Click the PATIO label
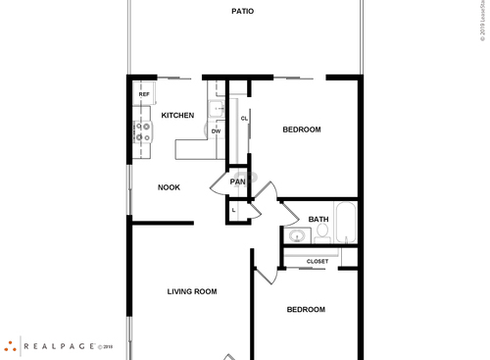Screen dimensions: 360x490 (x=243, y=12)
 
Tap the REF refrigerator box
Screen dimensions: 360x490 (x=143, y=93)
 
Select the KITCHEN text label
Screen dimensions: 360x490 (x=177, y=115)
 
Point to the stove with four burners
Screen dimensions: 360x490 (x=143, y=131)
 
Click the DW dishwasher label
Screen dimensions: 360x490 (x=216, y=130)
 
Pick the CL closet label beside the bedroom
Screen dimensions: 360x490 (x=244, y=119)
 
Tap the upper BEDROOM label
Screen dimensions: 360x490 (x=301, y=129)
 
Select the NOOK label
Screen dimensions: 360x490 (x=169, y=186)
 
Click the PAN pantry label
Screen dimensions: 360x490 (x=237, y=181)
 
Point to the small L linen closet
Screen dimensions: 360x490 (x=234, y=210)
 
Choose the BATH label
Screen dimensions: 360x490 (x=318, y=219)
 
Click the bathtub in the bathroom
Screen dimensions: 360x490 (x=346, y=223)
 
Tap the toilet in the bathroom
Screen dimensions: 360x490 (x=322, y=232)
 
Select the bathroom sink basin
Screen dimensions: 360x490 (x=296, y=235)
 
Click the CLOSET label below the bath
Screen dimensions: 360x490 (x=318, y=261)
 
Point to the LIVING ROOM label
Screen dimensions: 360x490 (x=192, y=291)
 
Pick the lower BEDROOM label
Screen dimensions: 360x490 (x=306, y=310)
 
